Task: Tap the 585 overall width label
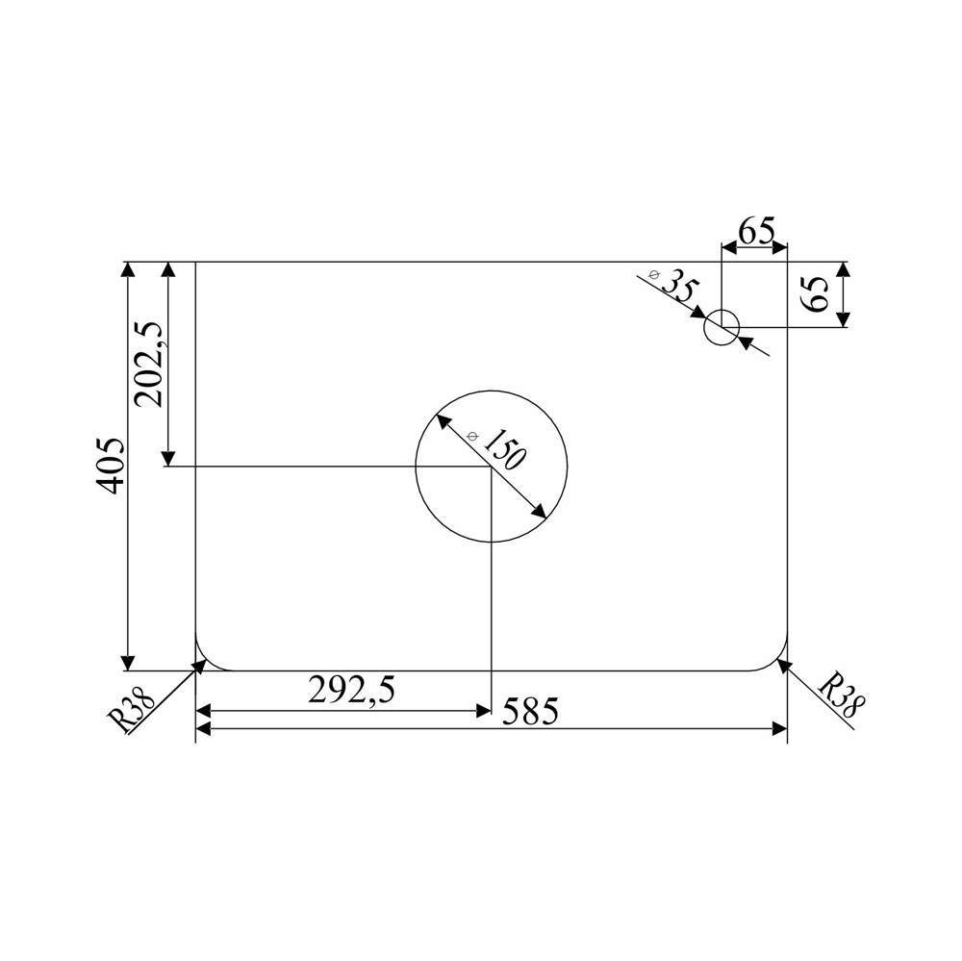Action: pyautogui.click(x=528, y=712)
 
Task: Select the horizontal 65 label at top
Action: pyautogui.click(x=756, y=231)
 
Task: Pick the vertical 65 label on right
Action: pyautogui.click(x=817, y=293)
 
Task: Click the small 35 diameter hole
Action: pyautogui.click(x=721, y=327)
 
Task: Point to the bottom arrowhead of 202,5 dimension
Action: pyautogui.click(x=169, y=458)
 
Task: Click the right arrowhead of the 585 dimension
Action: pyautogui.click(x=779, y=730)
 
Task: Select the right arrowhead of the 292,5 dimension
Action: pyautogui.click(x=483, y=711)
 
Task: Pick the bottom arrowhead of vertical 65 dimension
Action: pyautogui.click(x=844, y=318)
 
